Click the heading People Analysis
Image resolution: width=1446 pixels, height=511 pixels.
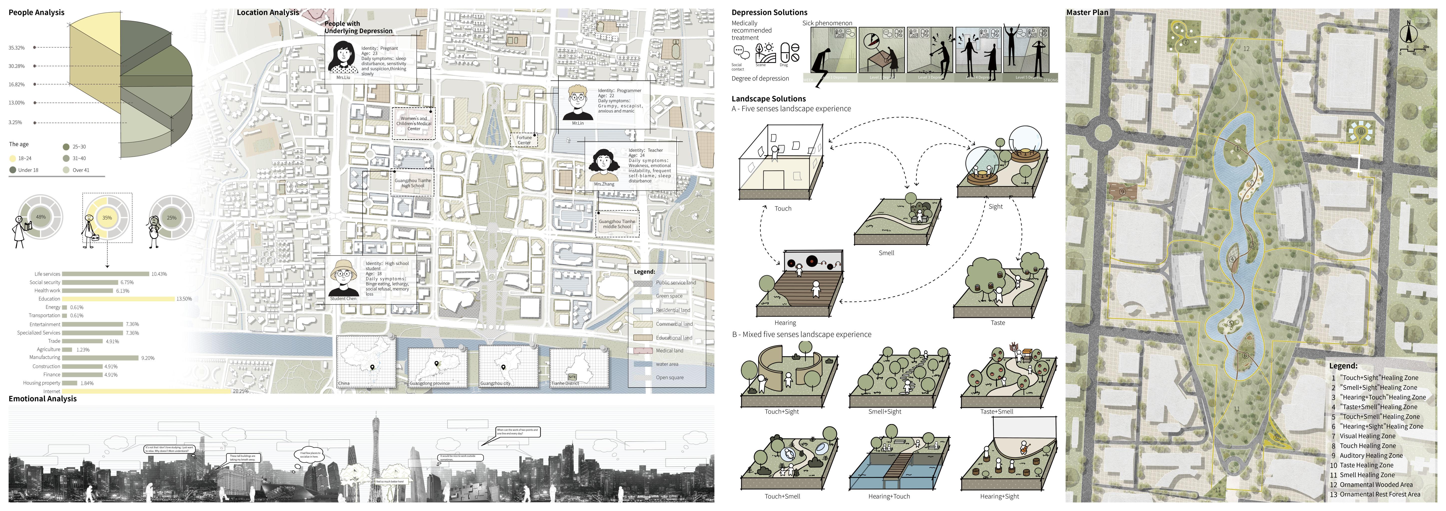point(36,12)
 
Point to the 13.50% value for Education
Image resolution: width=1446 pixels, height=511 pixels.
point(184,299)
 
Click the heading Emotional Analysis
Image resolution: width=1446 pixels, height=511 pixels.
point(43,399)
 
